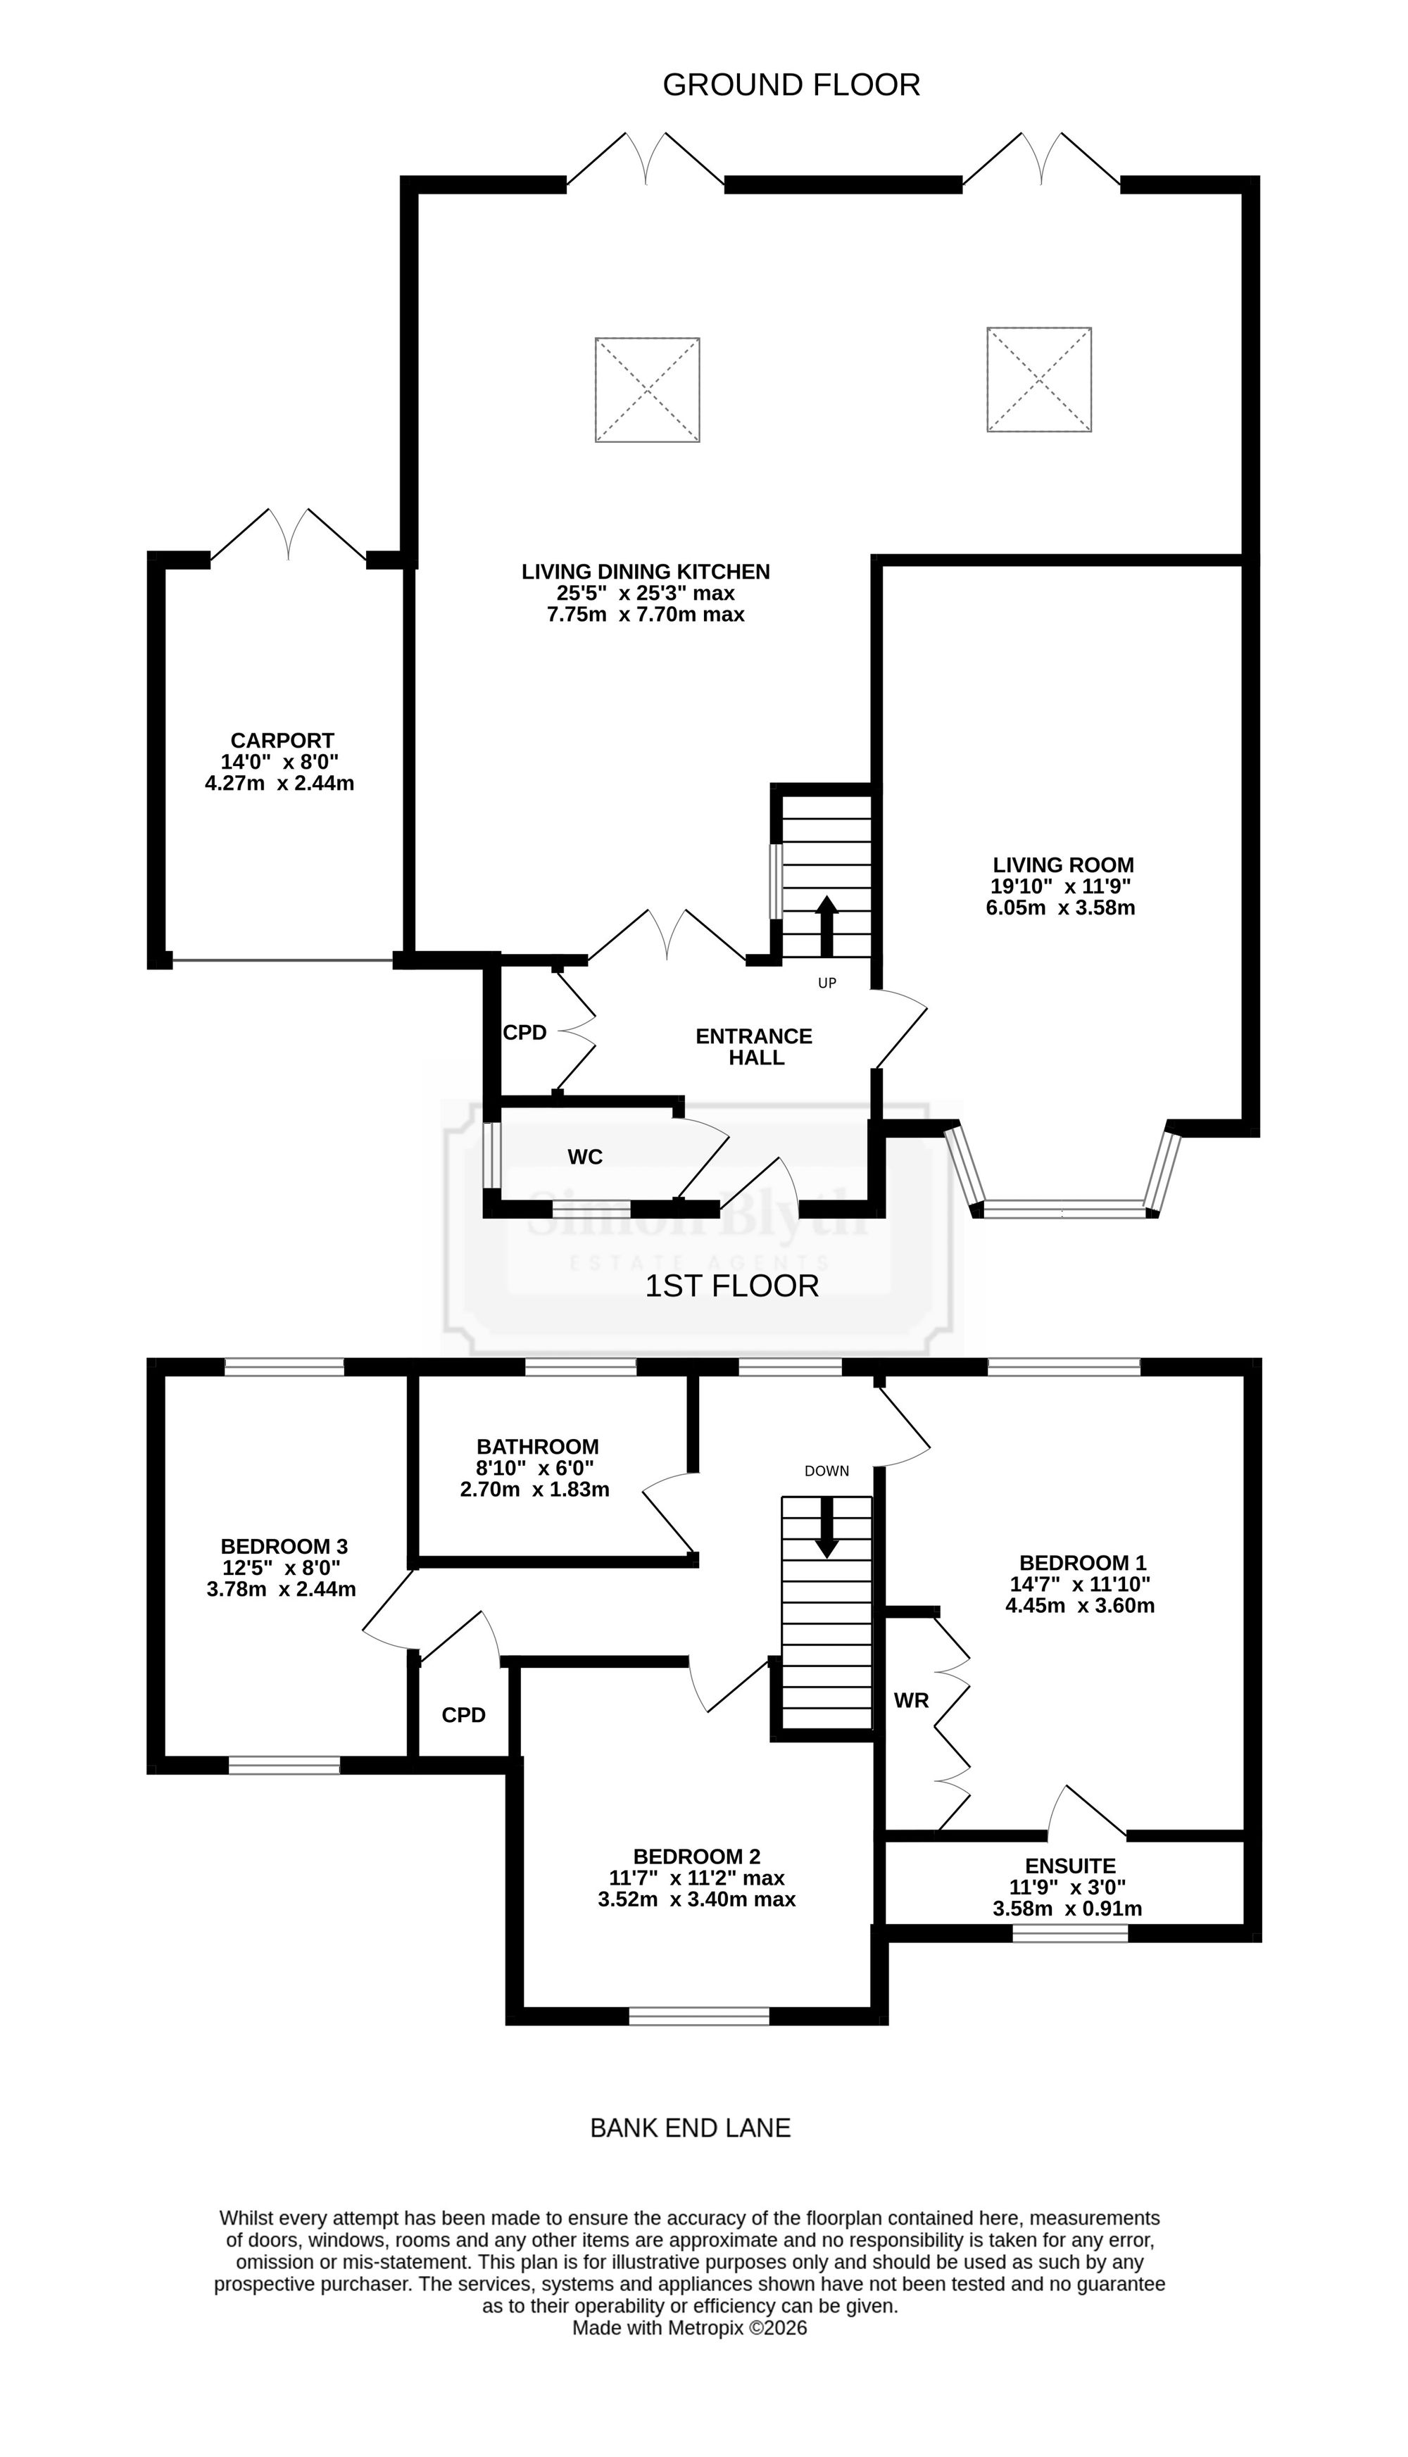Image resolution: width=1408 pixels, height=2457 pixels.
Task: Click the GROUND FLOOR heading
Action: coord(791,85)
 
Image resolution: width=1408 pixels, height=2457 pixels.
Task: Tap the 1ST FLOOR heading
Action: coord(732,1286)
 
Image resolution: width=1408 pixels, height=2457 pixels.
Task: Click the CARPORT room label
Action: coord(282,741)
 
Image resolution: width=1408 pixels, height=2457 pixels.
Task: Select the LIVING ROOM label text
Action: coord(1064,865)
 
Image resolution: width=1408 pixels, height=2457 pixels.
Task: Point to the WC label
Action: coord(585,1157)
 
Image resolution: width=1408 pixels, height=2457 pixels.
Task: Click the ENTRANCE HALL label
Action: coord(754,1047)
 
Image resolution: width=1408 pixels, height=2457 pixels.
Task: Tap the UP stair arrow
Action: coord(826,926)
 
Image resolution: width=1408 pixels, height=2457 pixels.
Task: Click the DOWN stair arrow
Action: coord(826,1528)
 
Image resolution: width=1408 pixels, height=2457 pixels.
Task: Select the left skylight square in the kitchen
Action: coord(647,390)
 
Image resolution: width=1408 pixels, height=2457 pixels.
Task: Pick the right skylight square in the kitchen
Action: coord(1040,379)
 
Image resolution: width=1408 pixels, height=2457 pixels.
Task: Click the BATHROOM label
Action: coord(538,1447)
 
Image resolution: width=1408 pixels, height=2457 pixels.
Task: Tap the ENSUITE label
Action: coord(1071,1866)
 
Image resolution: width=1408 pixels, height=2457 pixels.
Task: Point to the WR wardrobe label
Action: coord(912,1700)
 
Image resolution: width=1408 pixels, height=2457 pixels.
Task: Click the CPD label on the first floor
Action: coord(463,1716)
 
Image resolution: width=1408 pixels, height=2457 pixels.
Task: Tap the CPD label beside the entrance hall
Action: coord(525,1033)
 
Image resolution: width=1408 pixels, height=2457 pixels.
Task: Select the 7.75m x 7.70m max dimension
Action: coord(646,615)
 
